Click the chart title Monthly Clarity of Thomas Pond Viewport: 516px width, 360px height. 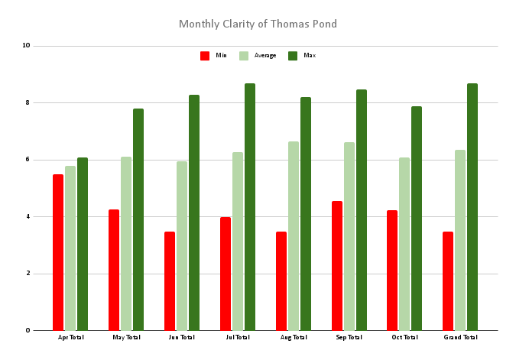pyautogui.click(x=258, y=24)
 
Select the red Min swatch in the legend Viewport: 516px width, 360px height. pyautogui.click(x=205, y=56)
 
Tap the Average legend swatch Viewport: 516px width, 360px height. pyautogui.click(x=244, y=56)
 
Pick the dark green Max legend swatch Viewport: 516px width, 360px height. pyautogui.click(x=293, y=56)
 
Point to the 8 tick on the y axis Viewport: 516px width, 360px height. pyautogui.click(x=27, y=102)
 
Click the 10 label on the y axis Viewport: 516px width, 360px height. pyautogui.click(x=26, y=46)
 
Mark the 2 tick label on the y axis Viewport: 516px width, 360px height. pyautogui.click(x=27, y=274)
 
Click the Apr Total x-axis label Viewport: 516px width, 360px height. pyautogui.click(x=70, y=337)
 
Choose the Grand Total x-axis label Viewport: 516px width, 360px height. pyautogui.click(x=460, y=337)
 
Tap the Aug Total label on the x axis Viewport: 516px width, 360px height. pyautogui.click(x=294, y=337)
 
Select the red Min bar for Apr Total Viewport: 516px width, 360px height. pyautogui.click(x=58, y=252)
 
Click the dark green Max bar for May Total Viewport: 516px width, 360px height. pyautogui.click(x=138, y=219)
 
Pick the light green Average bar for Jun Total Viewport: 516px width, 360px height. pyautogui.click(x=182, y=245)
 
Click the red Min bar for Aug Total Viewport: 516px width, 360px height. pyautogui.click(x=281, y=281)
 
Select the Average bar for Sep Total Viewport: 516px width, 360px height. pyautogui.click(x=349, y=236)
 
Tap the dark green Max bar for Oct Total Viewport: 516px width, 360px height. pyautogui.click(x=417, y=218)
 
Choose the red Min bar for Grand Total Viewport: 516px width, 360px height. pyautogui.click(x=448, y=281)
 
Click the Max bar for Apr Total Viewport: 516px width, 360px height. pyautogui.click(x=83, y=244)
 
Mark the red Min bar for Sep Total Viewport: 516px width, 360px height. pyautogui.click(x=337, y=265)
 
